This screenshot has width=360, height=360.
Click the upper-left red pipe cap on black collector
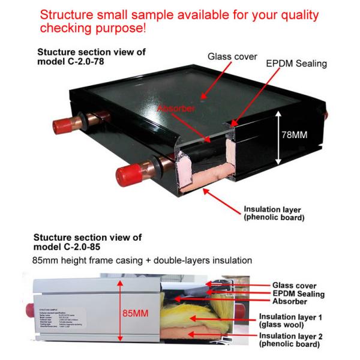62,125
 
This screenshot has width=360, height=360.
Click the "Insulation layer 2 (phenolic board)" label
290,340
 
